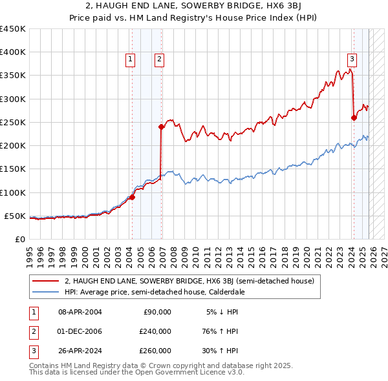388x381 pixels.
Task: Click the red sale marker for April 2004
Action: pos(132,197)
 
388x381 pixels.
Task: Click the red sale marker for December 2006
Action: pos(162,127)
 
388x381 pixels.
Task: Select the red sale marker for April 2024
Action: pos(354,118)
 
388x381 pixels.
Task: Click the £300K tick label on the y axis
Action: pos(13,99)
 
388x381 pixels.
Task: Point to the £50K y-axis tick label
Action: pos(16,216)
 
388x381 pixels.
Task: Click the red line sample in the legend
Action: pos(45,281)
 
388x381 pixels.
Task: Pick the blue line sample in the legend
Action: pos(45,292)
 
